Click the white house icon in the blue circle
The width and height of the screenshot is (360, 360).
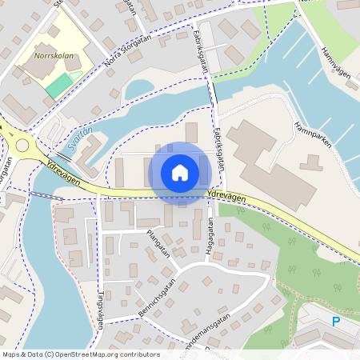(x=180, y=172)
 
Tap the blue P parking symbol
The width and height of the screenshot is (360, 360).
(x=336, y=322)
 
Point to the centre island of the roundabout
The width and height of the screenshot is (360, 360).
(x=22, y=146)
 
